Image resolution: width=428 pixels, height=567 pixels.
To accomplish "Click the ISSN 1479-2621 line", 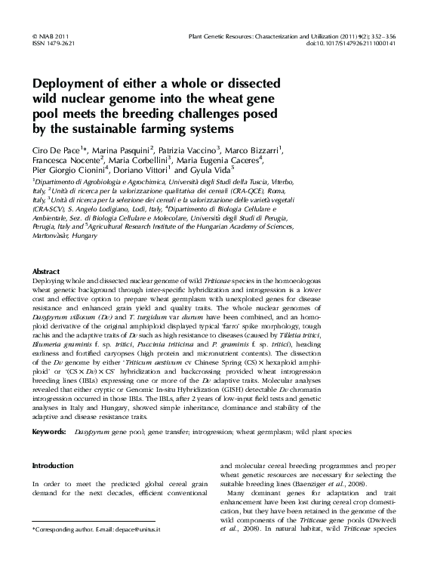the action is pos(48,43).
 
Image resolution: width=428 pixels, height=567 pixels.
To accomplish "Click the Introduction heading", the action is pos(53,466).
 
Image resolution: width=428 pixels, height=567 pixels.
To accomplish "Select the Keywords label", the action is pos(50,431).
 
